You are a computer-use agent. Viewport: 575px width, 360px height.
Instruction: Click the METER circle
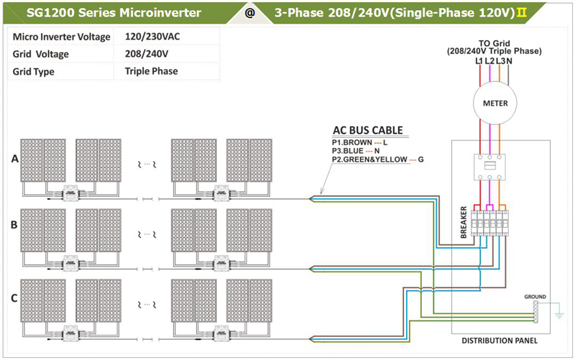point(494,103)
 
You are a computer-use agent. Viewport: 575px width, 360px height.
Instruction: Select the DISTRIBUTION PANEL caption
point(499,341)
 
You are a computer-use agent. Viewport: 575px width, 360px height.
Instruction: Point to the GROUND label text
point(535,296)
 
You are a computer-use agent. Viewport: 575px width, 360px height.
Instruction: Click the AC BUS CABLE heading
point(367,131)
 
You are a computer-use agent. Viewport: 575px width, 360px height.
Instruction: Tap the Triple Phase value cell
point(151,71)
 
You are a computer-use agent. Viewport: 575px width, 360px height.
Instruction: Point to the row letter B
point(14,224)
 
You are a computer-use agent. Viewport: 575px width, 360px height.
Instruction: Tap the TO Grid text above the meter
point(493,43)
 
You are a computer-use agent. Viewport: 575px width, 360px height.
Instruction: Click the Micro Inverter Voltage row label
point(61,37)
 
